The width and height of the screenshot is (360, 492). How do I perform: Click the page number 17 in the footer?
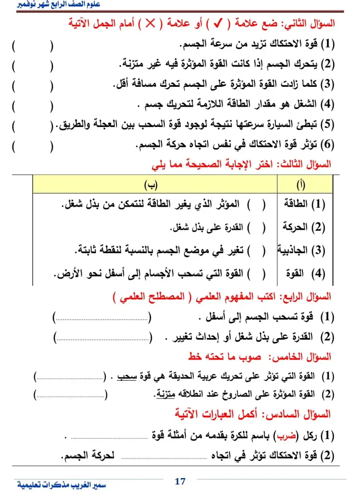pos(180,481)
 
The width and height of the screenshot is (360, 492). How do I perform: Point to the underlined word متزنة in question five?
pos(164,394)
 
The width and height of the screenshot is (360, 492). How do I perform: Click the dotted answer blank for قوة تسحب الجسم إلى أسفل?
pos(102,317)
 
